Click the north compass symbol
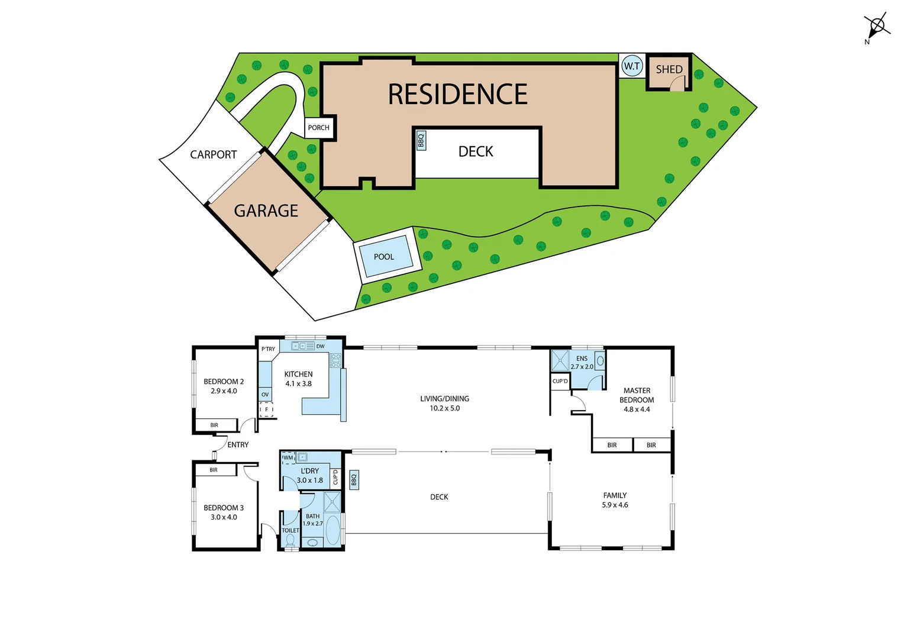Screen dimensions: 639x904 coord(877,27)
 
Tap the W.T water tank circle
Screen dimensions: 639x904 coord(632,66)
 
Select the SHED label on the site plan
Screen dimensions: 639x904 coord(669,69)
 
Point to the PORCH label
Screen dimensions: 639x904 coord(318,128)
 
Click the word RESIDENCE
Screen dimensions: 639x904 coord(457,95)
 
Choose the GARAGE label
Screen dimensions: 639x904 coord(266,211)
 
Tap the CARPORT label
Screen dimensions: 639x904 coord(213,154)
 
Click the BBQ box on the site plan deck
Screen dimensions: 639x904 coord(421,140)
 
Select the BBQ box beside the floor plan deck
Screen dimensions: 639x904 coord(354,480)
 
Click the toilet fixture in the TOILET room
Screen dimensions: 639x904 coord(290,540)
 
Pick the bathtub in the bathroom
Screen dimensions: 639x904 coord(332,530)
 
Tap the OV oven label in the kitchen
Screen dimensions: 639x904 coord(265,395)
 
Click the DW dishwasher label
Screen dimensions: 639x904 coord(320,346)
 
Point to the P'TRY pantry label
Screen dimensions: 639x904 coord(268,349)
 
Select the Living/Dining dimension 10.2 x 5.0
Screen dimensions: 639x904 coord(444,408)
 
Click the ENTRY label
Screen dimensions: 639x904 coord(238,445)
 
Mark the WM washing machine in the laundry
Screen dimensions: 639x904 coord(288,457)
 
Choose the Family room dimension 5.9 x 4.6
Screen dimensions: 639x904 coord(615,505)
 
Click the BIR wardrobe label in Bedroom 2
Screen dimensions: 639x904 coord(214,425)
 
